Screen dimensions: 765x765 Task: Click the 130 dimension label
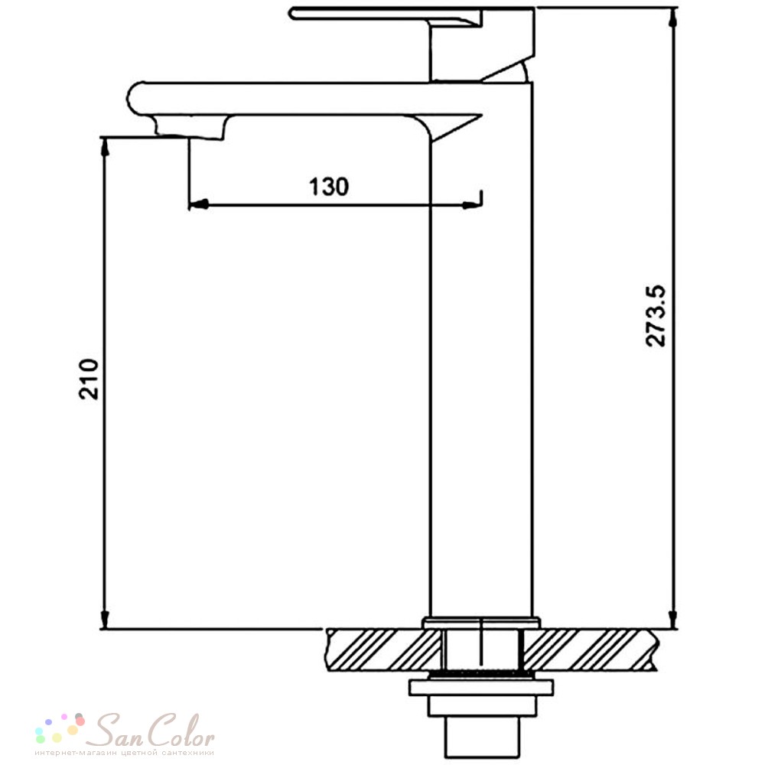coord(329,187)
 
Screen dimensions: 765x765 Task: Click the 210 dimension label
coord(89,379)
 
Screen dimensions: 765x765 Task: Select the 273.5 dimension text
coord(656,316)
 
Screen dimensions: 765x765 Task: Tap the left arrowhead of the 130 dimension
coord(199,205)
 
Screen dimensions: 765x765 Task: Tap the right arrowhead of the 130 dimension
coord(472,205)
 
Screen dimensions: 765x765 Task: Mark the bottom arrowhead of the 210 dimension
coord(104,620)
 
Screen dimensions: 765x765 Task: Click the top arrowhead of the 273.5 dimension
coord(673,18)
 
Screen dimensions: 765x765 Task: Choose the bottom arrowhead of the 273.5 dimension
coord(673,620)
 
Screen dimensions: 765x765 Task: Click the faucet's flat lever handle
coord(386,15)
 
